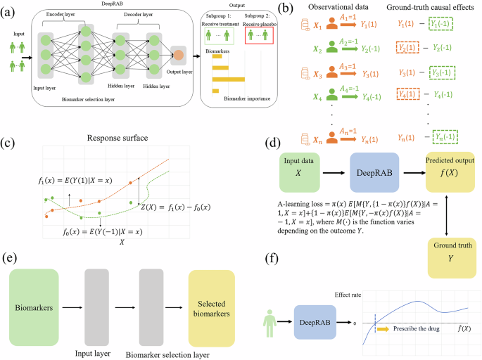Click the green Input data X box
click(x=298, y=172)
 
